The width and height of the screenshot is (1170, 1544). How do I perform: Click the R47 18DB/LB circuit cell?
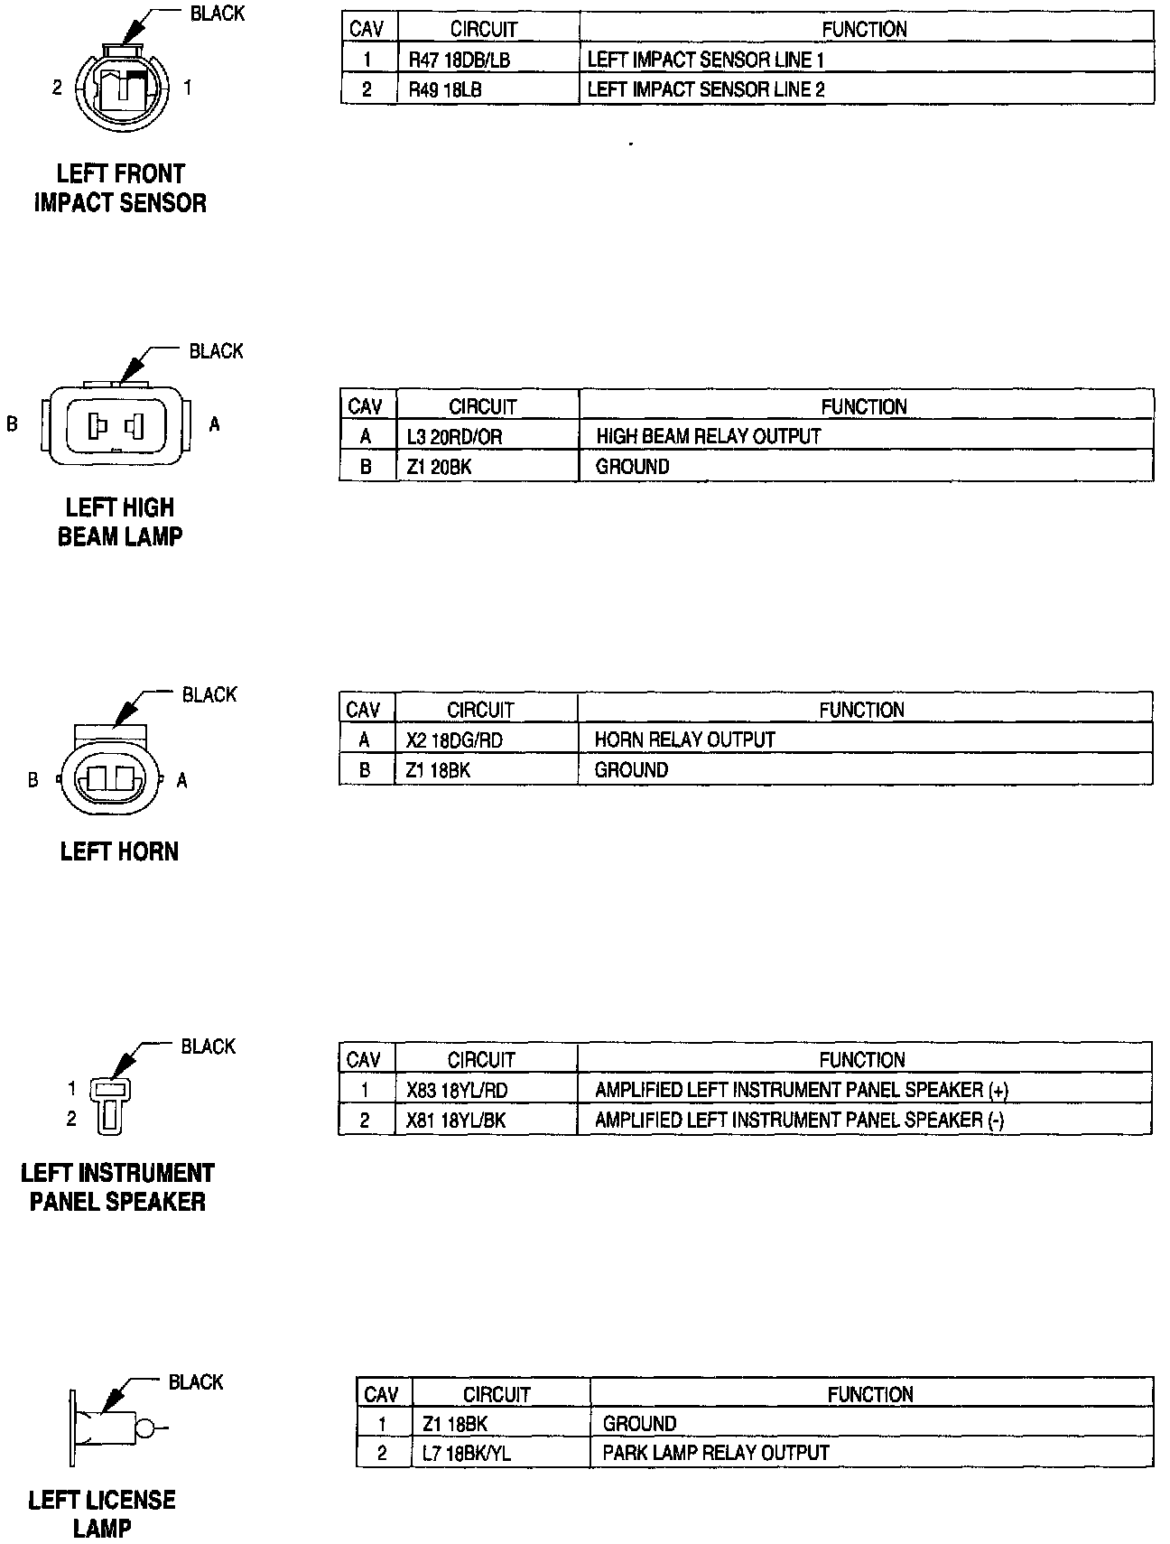pos(459,60)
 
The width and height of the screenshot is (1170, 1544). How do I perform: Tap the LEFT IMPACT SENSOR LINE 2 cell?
pos(706,89)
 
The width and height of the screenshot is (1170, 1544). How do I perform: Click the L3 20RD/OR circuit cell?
pos(454,437)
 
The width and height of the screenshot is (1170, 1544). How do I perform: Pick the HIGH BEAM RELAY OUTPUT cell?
pos(709,437)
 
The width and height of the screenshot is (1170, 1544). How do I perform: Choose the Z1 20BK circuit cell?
pos(439,467)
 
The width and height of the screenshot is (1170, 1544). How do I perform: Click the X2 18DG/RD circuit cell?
pos(454,740)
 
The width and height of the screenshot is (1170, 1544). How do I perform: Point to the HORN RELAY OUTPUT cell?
pos(684,740)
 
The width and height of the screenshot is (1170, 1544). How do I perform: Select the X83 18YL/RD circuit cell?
pos(457,1091)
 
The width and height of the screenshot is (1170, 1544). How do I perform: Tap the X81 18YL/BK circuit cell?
pos(456,1121)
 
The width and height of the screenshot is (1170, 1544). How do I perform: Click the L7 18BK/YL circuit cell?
pos(466,1453)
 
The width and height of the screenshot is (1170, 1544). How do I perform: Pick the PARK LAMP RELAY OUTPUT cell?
pos(716,1453)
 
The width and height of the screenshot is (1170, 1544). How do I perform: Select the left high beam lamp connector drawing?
pos(115,423)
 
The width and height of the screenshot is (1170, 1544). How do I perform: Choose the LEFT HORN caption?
pos(119,851)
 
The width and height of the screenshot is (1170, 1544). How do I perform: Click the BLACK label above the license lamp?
pos(196,1382)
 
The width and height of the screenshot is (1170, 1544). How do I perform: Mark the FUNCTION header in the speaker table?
pos(863,1060)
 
